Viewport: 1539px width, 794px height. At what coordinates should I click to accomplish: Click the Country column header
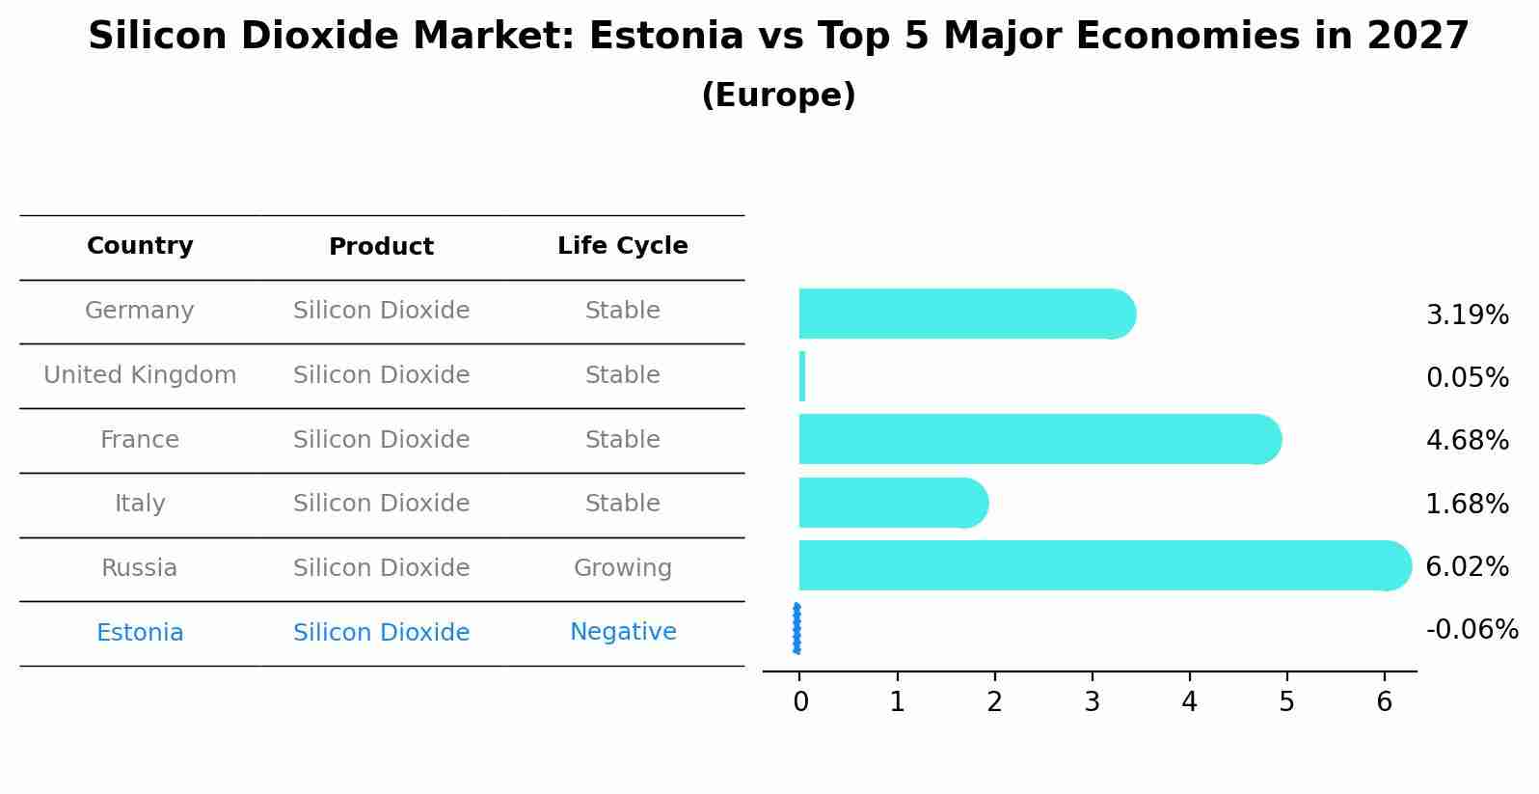140,246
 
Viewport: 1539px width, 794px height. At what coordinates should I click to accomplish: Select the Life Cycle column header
622,246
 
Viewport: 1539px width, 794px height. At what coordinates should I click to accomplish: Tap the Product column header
381,247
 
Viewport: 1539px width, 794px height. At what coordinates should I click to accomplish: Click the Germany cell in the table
140,311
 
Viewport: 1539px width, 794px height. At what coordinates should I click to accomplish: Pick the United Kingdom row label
140,375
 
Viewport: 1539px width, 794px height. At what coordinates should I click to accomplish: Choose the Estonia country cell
140,633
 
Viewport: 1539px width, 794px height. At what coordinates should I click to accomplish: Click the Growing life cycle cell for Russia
622,568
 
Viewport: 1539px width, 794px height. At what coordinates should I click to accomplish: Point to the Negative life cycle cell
622,632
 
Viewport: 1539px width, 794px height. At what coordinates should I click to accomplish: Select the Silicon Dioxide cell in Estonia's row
381,633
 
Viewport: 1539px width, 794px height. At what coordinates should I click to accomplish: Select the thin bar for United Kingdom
802,376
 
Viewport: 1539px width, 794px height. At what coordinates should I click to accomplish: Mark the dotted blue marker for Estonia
796,629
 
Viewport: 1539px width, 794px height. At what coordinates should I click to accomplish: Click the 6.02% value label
1467,566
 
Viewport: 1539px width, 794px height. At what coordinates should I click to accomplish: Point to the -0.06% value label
1471,630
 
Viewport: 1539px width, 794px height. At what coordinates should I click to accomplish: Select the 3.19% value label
1467,315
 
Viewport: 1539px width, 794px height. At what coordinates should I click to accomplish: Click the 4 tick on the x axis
1189,702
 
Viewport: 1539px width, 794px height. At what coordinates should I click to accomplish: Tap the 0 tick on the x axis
800,702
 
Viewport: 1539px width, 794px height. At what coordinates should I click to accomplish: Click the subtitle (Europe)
778,96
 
